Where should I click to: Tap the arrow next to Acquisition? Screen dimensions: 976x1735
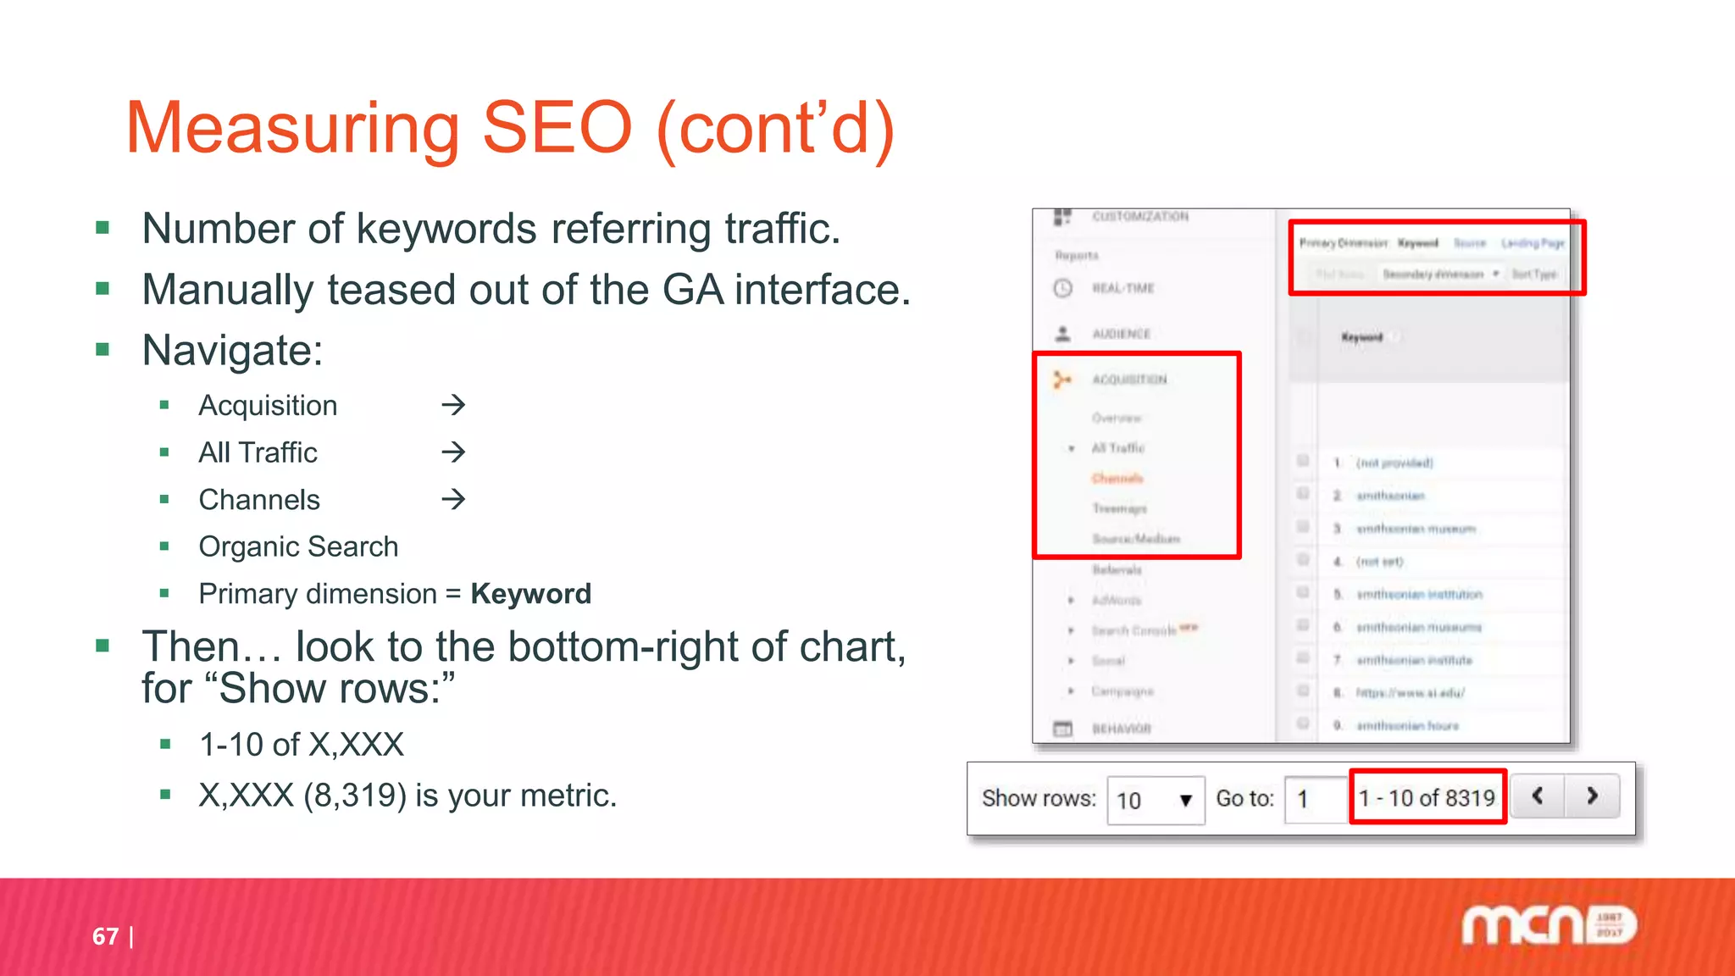pyautogui.click(x=453, y=405)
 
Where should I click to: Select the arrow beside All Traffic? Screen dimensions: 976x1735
pyautogui.click(x=453, y=452)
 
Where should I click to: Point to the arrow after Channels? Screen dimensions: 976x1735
pyautogui.click(x=453, y=499)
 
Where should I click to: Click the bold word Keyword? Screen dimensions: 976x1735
pyautogui.click(x=531, y=594)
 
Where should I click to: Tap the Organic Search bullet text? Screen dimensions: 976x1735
pyautogui.click(x=298, y=546)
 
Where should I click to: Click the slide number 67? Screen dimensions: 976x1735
pyautogui.click(x=105, y=936)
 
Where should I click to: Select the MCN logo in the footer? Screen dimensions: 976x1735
pyautogui.click(x=1549, y=925)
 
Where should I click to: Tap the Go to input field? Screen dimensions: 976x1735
pyautogui.click(x=1316, y=799)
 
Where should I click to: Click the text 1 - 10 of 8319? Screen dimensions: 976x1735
pyautogui.click(x=1427, y=798)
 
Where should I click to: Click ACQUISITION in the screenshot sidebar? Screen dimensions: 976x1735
pyautogui.click(x=1129, y=380)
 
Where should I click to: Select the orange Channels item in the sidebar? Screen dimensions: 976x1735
pyautogui.click(x=1117, y=479)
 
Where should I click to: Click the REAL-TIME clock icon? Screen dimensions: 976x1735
pyautogui.click(x=1063, y=288)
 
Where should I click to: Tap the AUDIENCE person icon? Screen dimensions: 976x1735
pyautogui.click(x=1063, y=333)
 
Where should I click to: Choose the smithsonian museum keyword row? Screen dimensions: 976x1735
pyautogui.click(x=1416, y=529)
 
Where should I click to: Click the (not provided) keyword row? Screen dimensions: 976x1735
pyautogui.click(x=1394, y=463)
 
